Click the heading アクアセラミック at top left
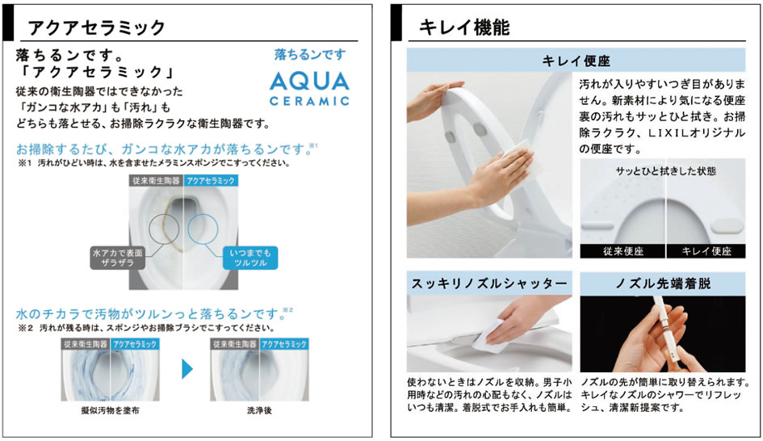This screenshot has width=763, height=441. pyautogui.click(x=96, y=27)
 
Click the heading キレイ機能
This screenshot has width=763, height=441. pyautogui.click(x=464, y=27)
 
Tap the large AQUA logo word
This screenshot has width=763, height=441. pyautogui.click(x=309, y=82)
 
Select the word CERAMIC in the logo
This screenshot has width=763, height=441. pyautogui.click(x=309, y=101)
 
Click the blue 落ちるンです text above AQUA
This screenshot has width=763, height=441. pyautogui.click(x=310, y=54)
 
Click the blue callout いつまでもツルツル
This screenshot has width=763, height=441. pyautogui.click(x=250, y=258)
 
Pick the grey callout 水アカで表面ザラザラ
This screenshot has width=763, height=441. pyautogui.click(x=118, y=258)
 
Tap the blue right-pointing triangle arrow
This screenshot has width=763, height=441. pyautogui.click(x=187, y=368)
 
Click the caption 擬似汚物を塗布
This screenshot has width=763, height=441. pyautogui.click(x=110, y=410)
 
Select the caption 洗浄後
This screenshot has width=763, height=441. pyautogui.click(x=259, y=410)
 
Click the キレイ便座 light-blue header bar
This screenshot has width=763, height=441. pyautogui.click(x=576, y=61)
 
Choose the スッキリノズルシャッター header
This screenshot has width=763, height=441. pyautogui.click(x=489, y=283)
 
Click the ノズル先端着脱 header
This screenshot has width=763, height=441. pyautogui.click(x=663, y=283)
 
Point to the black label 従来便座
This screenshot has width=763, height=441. pyautogui.click(x=623, y=251)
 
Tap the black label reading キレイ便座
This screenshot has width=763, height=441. pyautogui.click(x=706, y=251)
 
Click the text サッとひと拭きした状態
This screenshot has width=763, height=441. pyautogui.click(x=665, y=171)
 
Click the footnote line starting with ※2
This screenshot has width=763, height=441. pyautogui.click(x=146, y=328)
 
